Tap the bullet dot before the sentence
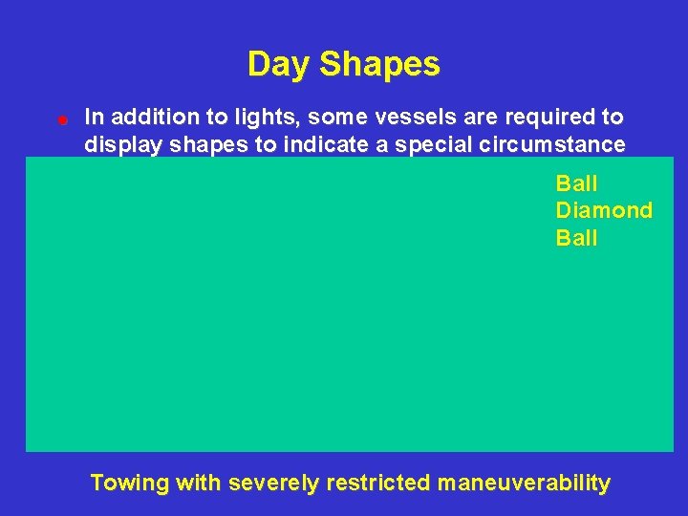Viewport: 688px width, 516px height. tap(60, 120)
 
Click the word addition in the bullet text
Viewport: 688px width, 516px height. tap(149, 118)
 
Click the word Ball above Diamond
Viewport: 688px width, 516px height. tap(576, 183)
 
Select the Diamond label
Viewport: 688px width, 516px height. tap(604, 210)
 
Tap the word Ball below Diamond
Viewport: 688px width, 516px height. tap(576, 238)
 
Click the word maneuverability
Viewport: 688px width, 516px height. tap(524, 484)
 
